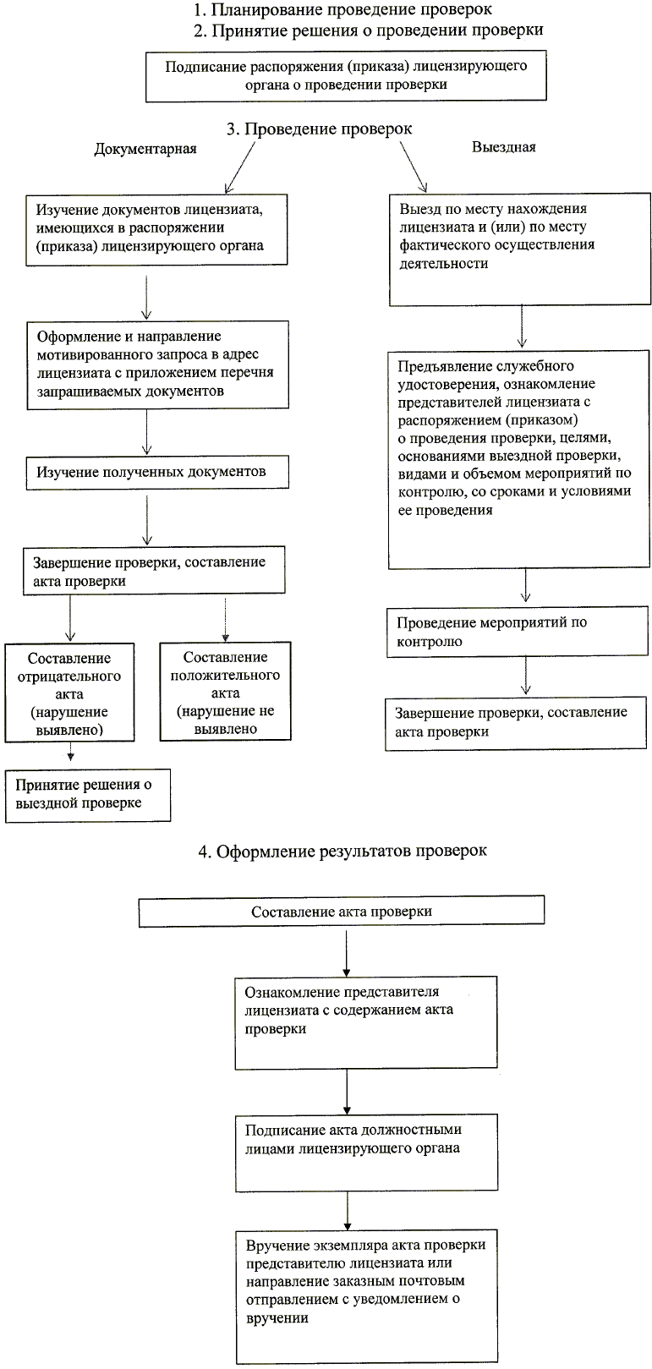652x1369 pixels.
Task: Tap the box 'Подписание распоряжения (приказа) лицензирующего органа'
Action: [x=347, y=75]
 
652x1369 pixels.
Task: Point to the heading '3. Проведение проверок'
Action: [x=319, y=129]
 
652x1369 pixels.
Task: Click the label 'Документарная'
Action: [x=145, y=149]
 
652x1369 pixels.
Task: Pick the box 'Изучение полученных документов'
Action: [x=157, y=472]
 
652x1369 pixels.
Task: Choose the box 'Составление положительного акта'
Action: [x=225, y=692]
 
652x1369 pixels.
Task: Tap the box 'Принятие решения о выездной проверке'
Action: [x=87, y=794]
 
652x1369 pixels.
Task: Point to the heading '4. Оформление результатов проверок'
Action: [x=342, y=851]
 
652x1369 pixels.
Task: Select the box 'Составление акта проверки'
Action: [x=342, y=912]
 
